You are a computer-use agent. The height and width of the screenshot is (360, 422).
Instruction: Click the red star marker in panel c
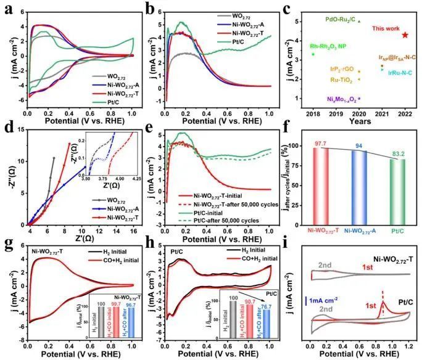point(405,35)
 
